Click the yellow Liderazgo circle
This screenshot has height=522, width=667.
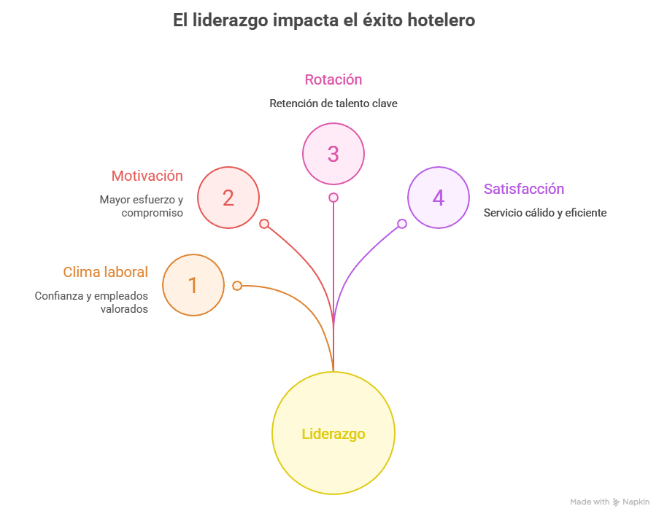point(333,434)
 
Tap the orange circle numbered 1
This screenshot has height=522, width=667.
point(193,285)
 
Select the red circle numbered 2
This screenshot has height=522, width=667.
point(228,198)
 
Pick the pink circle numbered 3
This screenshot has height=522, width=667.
point(333,154)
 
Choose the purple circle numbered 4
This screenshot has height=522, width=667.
point(438,198)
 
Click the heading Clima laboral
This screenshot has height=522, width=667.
point(105,272)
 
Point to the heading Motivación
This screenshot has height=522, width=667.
point(147,176)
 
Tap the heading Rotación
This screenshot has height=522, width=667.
point(333,79)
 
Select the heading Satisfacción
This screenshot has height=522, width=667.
point(524,189)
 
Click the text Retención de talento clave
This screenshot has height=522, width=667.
point(333,104)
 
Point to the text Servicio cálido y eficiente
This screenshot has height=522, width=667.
point(545,213)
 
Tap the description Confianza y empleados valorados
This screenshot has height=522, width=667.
point(91,303)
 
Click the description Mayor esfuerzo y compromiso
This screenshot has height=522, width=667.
point(142,206)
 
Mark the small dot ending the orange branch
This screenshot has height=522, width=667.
point(237,286)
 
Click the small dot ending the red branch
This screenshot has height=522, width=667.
point(264,224)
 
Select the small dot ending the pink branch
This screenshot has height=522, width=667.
point(333,198)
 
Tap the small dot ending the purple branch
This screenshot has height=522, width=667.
point(402,224)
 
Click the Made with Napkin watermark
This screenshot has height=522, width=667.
point(609,502)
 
